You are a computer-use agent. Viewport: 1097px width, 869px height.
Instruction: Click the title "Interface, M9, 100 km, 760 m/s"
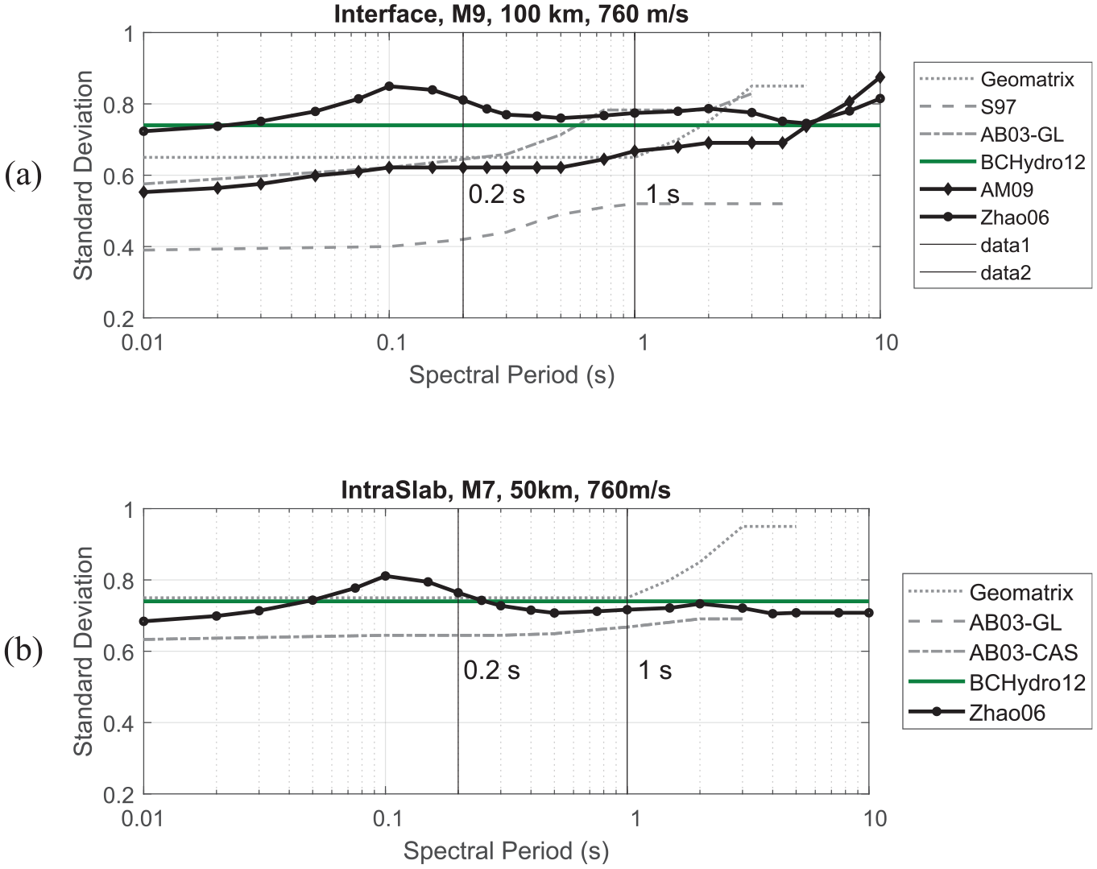click(x=511, y=14)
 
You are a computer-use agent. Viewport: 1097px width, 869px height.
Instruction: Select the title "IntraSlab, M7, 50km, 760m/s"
click(x=506, y=490)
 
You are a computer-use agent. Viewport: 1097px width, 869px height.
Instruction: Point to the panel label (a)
click(x=23, y=176)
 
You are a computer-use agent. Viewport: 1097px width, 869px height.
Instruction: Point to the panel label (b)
click(x=23, y=652)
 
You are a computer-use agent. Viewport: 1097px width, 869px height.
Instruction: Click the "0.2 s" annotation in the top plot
click(x=496, y=195)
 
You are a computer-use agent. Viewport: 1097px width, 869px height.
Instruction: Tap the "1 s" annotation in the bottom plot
click(x=655, y=670)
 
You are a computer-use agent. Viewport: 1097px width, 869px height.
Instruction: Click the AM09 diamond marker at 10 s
click(x=880, y=77)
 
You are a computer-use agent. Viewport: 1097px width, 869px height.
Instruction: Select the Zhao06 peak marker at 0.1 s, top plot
click(x=390, y=86)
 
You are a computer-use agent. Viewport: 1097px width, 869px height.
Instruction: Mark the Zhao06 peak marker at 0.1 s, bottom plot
click(x=386, y=576)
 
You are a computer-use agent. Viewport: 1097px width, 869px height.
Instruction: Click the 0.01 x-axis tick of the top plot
click(x=143, y=342)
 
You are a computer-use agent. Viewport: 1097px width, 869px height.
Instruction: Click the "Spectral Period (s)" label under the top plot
click(x=511, y=375)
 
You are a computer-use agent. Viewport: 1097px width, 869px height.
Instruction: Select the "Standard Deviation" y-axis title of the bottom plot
click(x=83, y=652)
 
